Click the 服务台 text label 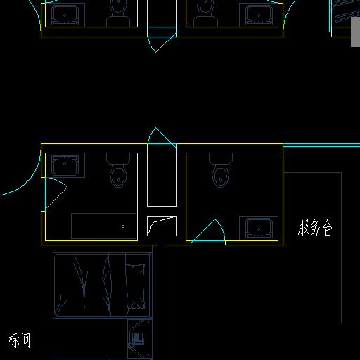315,227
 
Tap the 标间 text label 19,340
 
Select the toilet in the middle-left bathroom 118,170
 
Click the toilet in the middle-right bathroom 221,170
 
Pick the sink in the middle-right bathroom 259,228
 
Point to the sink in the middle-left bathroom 65,165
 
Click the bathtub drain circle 123,226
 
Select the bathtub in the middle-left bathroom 103,226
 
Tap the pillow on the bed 135,286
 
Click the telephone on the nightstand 138,339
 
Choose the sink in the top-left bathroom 65,15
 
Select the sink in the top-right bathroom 259,15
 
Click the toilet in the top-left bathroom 118,13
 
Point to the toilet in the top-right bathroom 205,13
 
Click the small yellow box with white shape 162,226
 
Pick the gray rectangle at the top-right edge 355,32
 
